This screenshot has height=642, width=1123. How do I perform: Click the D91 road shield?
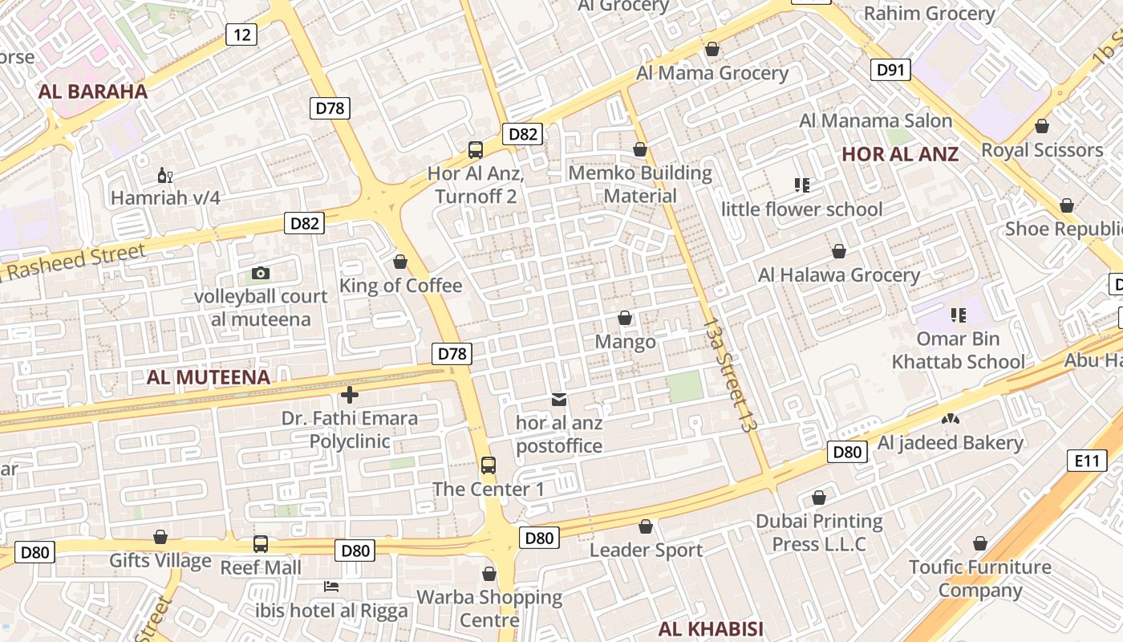(x=890, y=70)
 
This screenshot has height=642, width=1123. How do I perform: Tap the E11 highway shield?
(x=1087, y=461)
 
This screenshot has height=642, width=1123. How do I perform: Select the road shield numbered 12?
(x=241, y=34)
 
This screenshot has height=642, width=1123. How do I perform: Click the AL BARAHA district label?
(x=93, y=91)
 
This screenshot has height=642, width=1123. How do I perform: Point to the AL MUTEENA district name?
(x=209, y=377)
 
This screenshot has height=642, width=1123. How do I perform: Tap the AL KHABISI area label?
(x=711, y=628)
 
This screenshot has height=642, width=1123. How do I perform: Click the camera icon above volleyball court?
(x=260, y=273)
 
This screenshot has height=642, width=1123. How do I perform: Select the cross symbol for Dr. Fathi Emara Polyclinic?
(x=350, y=394)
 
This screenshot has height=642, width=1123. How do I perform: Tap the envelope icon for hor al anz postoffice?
(x=559, y=399)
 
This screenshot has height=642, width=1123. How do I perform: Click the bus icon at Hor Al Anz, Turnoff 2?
(x=475, y=149)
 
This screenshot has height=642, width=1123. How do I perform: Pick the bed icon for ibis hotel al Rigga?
(x=330, y=587)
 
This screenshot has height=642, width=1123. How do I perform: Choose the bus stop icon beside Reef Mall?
(x=261, y=543)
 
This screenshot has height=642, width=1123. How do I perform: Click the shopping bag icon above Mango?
(x=625, y=319)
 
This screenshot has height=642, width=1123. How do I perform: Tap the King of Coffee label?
(x=401, y=286)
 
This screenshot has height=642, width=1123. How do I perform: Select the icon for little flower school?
(x=801, y=185)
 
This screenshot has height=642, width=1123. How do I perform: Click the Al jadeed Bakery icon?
(x=951, y=419)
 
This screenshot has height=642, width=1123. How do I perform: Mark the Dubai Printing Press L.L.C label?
(x=819, y=532)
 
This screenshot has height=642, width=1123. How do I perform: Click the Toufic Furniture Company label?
(x=979, y=579)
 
